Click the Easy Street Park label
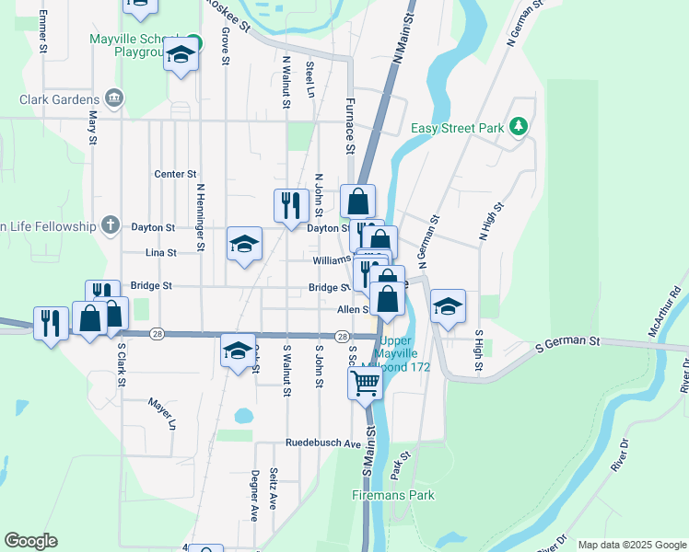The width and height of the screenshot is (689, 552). pyautogui.click(x=457, y=128)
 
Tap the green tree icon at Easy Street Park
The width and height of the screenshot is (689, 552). pyautogui.click(x=520, y=126)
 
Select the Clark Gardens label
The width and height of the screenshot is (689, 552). pyautogui.click(x=59, y=99)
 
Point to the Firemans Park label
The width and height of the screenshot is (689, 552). pyautogui.click(x=392, y=495)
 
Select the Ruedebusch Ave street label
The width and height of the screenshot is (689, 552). pyautogui.click(x=322, y=443)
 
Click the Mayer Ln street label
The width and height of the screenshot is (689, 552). pyautogui.click(x=162, y=414)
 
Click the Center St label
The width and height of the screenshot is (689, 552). pyautogui.click(x=175, y=173)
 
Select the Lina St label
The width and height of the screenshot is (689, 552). pyautogui.click(x=160, y=251)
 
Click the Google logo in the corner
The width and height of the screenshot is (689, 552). pyautogui.click(x=30, y=541)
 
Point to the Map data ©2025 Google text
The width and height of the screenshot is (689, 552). pyautogui.click(x=631, y=545)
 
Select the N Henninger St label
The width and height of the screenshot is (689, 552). pyautogui.click(x=200, y=217)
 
